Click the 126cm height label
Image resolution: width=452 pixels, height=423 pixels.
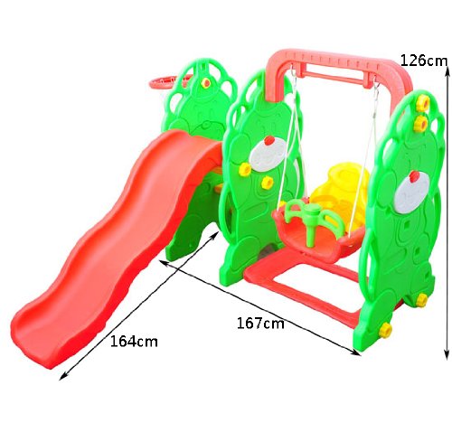pos(424,61)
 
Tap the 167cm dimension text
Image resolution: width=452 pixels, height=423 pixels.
pos(260,324)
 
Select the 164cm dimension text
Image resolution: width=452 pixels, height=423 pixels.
pos(134,342)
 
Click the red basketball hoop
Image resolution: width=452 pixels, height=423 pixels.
pos(169,81)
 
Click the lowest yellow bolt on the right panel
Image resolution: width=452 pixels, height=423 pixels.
pos(385,331)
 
